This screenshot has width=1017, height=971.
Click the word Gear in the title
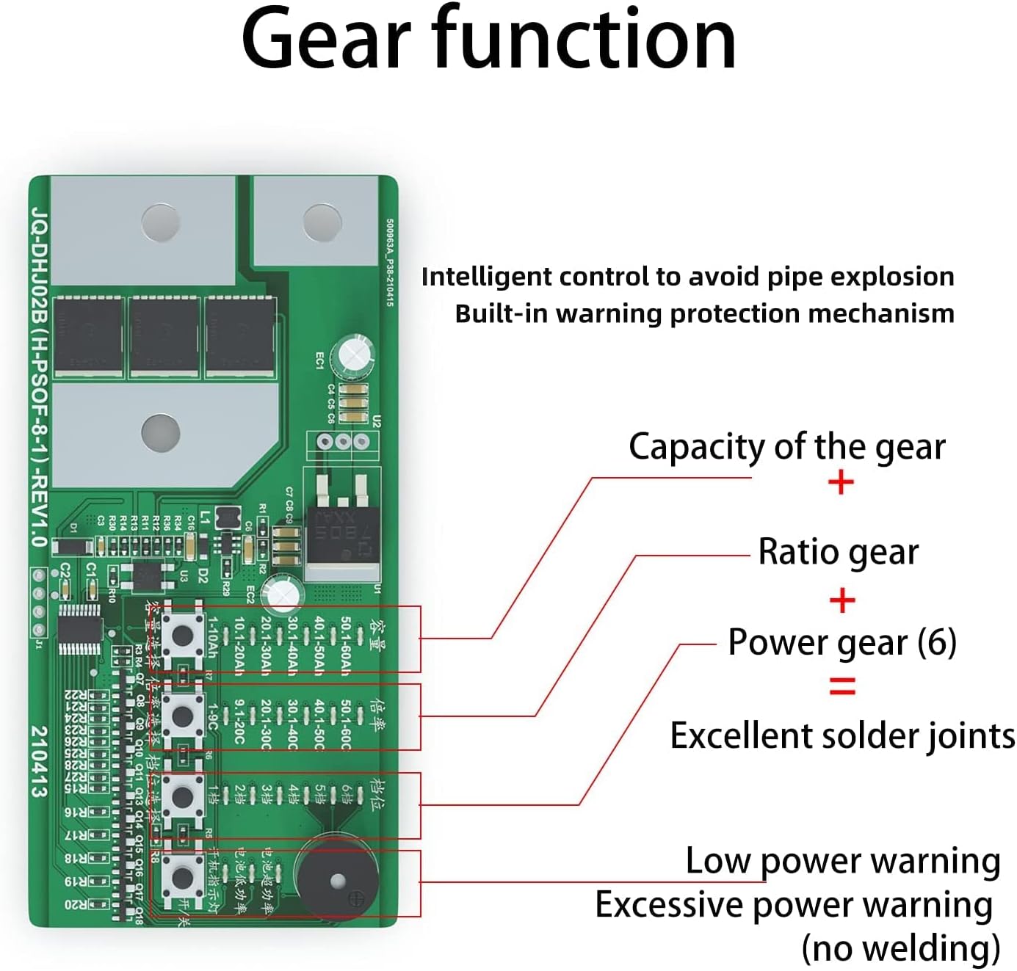point(325,40)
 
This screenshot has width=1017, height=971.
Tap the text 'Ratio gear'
point(838,552)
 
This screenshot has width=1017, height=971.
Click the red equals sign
point(842,687)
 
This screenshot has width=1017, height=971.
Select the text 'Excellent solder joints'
point(842,736)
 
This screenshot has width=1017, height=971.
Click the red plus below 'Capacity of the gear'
point(841,483)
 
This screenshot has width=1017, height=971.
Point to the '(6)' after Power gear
point(937,642)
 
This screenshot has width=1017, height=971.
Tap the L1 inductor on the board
point(228,517)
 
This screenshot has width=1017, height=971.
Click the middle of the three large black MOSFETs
point(164,335)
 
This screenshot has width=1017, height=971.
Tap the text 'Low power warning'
point(842,861)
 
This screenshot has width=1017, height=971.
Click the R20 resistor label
point(76,904)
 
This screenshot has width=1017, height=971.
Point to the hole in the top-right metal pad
point(322,222)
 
